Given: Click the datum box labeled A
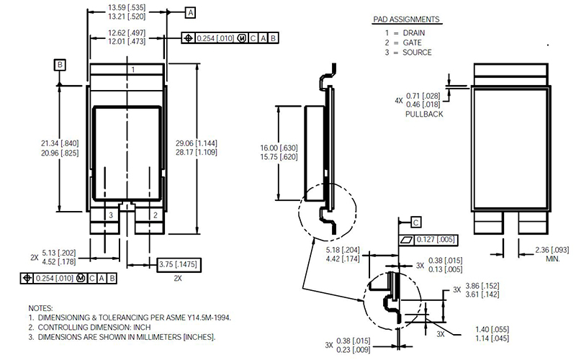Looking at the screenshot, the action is pos(190,12).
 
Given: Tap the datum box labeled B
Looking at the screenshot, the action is pos(60,65).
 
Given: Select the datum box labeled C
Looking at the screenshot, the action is pos(416,222).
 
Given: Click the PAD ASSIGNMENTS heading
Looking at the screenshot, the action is pos(406,19).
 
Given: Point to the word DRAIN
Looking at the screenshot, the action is pos(413,32).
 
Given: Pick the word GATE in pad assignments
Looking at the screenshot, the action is pos(412,42).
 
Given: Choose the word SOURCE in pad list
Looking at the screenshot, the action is pos(417,53).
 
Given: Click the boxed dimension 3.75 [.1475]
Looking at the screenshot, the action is pos(179,264).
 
